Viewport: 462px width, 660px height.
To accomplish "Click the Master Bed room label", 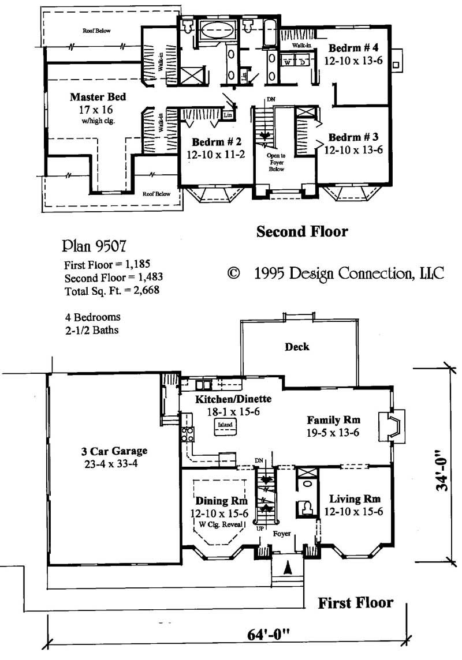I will click(x=98, y=97).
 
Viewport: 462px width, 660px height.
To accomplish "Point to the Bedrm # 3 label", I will click(x=353, y=138).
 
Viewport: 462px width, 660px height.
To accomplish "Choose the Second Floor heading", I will click(x=302, y=231).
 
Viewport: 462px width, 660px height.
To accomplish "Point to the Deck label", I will click(x=297, y=347).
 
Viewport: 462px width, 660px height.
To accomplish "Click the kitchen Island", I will click(x=225, y=425).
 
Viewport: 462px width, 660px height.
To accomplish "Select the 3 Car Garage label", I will click(x=114, y=451).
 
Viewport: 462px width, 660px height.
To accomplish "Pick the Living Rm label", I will click(x=355, y=499).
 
